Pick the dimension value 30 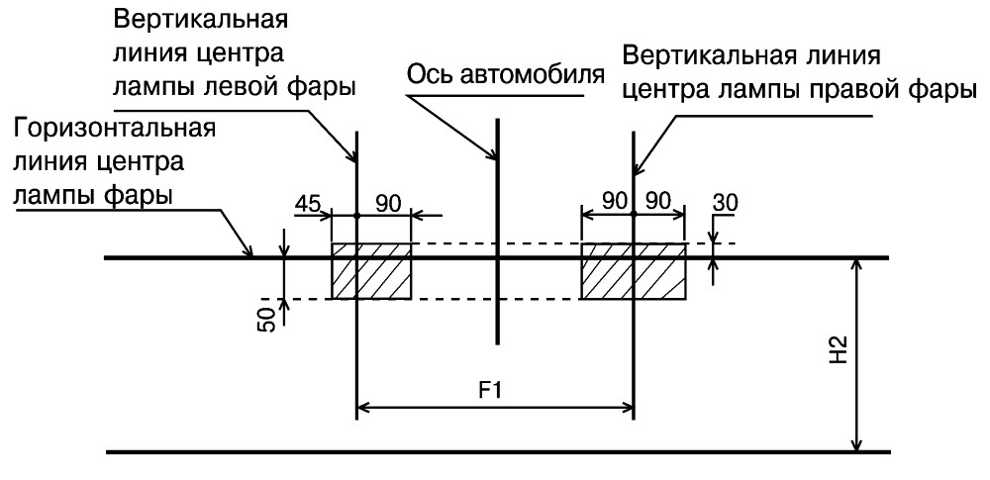click(x=726, y=203)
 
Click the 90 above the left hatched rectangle click(x=389, y=204)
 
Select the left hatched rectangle click(x=371, y=271)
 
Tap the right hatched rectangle click(x=633, y=271)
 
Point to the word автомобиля click(x=531, y=75)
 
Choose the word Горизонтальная click(x=114, y=129)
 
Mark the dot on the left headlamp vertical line click(x=356, y=216)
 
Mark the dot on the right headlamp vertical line click(x=633, y=216)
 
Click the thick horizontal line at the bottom click(x=498, y=452)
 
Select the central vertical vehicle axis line click(x=498, y=232)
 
